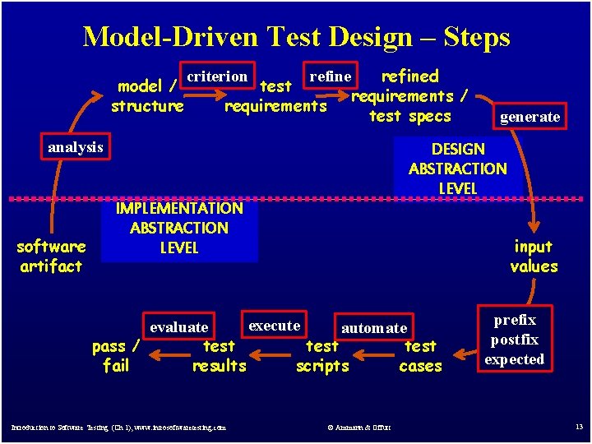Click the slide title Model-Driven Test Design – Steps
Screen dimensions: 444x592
(296, 37)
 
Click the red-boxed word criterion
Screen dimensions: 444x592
(217, 76)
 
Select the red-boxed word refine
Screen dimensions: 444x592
(330, 76)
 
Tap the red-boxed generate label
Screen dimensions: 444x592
(530, 117)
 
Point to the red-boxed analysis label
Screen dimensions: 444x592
(76, 147)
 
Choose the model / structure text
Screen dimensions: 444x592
(148, 95)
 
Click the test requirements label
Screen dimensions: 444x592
(275, 95)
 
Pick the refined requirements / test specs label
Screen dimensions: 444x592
(409, 95)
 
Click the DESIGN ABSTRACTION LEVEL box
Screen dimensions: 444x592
(458, 168)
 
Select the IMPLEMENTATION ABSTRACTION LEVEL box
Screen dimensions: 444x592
(179, 228)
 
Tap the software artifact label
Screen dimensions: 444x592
(51, 256)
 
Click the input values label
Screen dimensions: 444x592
(534, 256)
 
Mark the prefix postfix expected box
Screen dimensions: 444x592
(514, 340)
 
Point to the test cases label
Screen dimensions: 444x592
(420, 356)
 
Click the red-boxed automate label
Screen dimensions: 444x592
(374, 328)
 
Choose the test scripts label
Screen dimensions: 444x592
(322, 356)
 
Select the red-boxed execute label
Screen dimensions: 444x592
(275, 325)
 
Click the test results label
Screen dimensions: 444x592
(219, 356)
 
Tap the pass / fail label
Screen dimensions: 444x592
(116, 356)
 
